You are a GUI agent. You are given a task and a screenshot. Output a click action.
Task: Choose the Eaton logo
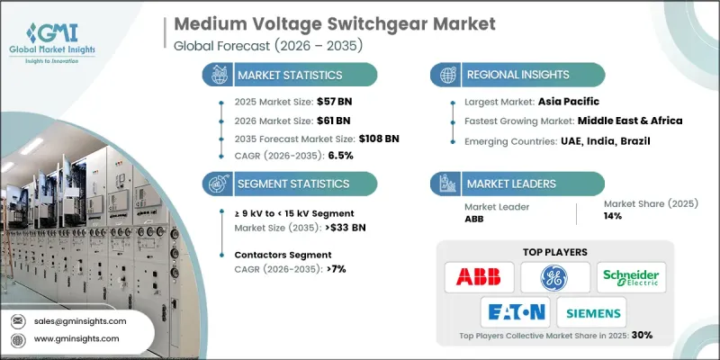[514, 312]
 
